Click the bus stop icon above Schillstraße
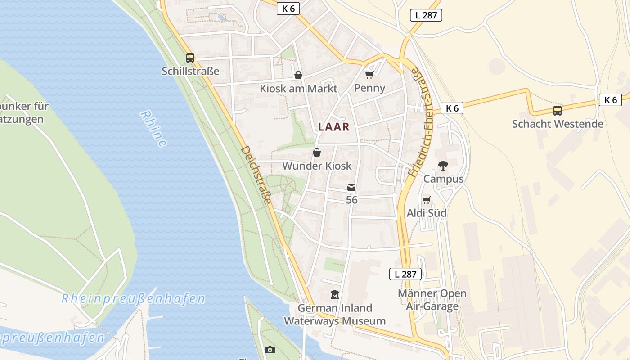pos(190,58)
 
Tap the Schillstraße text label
pos(190,71)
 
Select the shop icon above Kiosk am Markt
pos(298,75)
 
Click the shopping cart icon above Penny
pos(369,74)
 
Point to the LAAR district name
pos(334,127)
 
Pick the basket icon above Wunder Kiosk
pos(317,153)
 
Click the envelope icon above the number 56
pos(351,187)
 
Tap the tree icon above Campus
pos(443,166)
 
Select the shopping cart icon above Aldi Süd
pos(426,199)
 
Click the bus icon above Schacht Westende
pos(558,110)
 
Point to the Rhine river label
pos(153,129)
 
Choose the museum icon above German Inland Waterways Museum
pos(335,295)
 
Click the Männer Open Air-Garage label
pos(432,300)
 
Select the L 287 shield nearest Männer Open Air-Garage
pos(405,274)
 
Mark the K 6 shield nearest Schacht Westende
pos(610,100)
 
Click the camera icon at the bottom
pos(270,350)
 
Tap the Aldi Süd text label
pos(427,213)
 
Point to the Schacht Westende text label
pos(558,124)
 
